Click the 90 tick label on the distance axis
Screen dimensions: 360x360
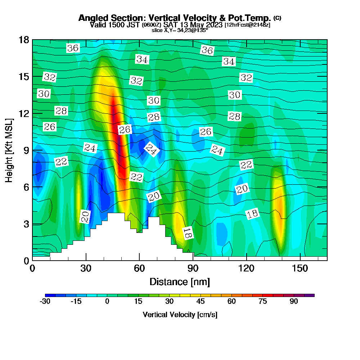(x=193, y=269)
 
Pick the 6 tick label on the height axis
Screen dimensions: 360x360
(x=26, y=187)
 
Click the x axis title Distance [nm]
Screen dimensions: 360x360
(x=180, y=282)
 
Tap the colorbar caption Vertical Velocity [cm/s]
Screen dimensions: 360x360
(x=180, y=315)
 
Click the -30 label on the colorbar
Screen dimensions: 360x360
(x=45, y=302)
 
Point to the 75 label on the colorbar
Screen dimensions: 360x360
(x=263, y=302)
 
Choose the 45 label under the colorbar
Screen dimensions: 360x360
(x=201, y=302)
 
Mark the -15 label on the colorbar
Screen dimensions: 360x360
(x=76, y=302)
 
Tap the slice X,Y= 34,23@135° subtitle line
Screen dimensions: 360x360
(x=180, y=31)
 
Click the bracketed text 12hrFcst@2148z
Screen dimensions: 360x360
(x=247, y=25)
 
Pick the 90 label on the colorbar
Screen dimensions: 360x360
(x=294, y=302)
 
